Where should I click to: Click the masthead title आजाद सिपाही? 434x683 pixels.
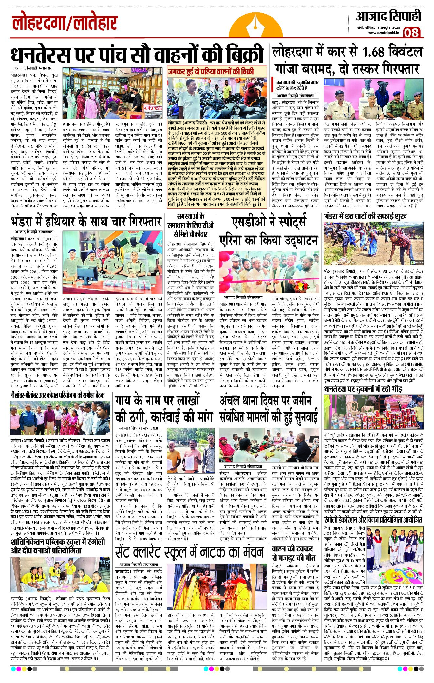tap(388, 16)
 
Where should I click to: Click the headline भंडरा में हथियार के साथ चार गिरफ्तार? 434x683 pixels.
tap(86, 222)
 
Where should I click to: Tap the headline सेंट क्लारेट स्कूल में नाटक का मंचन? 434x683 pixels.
tap(189, 552)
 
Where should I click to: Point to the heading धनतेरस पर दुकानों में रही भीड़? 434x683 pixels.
tap(363, 389)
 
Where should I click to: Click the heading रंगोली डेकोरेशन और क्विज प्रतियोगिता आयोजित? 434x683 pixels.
tap(373, 520)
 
